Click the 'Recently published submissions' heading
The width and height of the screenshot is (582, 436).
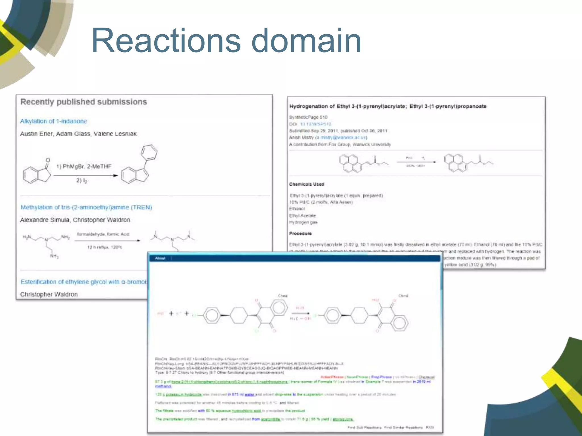click(84, 102)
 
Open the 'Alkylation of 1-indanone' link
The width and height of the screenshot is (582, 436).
click(54, 121)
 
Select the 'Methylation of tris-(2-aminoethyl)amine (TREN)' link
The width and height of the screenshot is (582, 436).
click(86, 207)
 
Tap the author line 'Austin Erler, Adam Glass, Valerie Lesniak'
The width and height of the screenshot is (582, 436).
click(78, 134)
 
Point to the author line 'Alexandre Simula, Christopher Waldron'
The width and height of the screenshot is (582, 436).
click(75, 220)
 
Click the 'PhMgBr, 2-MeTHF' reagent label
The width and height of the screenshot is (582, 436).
click(87, 166)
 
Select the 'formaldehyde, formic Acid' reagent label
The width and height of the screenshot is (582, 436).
click(103, 234)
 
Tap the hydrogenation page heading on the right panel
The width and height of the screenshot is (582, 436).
click(388, 106)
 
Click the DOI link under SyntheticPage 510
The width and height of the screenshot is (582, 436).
click(315, 124)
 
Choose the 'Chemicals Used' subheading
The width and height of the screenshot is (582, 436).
click(307, 184)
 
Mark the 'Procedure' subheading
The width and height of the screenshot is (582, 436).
click(300, 233)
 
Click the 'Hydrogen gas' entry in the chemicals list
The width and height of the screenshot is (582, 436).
click(303, 222)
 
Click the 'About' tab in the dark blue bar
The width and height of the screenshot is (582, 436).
click(160, 258)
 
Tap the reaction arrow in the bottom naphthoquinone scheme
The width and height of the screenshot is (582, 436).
click(300, 313)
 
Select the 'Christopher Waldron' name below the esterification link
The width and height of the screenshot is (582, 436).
click(49, 294)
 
